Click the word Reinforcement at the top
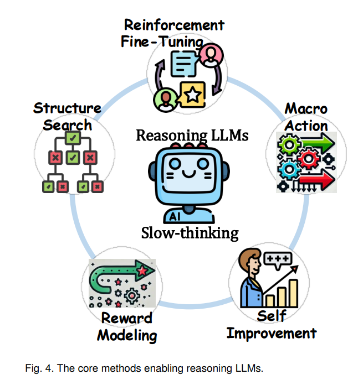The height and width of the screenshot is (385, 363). [x=174, y=25]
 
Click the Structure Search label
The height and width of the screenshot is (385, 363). [x=67, y=116]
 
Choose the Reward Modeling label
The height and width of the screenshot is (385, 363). [x=127, y=327]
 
